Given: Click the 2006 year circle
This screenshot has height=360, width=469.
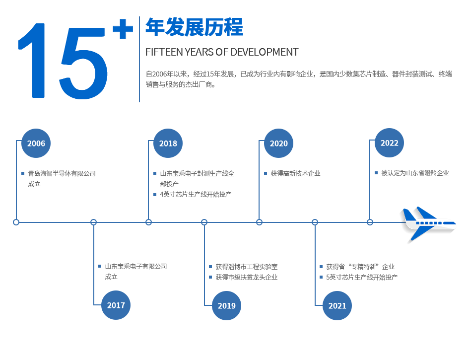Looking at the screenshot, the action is coord(36,144).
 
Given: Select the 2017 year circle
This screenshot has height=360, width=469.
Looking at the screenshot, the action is coord(116,305).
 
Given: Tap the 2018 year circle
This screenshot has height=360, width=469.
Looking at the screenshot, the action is coord(168,144).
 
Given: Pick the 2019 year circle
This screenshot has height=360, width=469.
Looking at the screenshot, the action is coord(226,305).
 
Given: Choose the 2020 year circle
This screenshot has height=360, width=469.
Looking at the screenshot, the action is coord(278,144).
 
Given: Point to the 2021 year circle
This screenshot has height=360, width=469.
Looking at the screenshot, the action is coord(337,305).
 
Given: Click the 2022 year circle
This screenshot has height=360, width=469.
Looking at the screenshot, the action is coord(389,143).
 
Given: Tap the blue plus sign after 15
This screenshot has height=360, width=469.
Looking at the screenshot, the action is coord(123,29).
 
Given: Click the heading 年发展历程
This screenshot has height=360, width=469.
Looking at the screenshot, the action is coord(195,27).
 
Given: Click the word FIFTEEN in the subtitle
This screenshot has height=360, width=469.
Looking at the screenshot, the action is coord(164,52).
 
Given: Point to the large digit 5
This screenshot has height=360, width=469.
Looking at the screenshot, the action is coord(83,63).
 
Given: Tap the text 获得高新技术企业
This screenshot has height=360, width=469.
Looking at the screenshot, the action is coord(295,173).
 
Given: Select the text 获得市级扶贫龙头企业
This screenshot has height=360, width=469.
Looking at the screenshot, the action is coord(247,277).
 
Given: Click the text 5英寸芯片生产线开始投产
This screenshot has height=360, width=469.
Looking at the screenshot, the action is coord(362,277).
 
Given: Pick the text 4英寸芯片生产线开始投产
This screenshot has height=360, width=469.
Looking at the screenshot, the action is coord(196,194).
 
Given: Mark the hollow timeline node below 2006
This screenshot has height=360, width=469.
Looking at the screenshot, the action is coord(16,222).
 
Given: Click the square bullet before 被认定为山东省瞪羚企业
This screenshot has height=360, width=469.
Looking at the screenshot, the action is coord(376,173).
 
